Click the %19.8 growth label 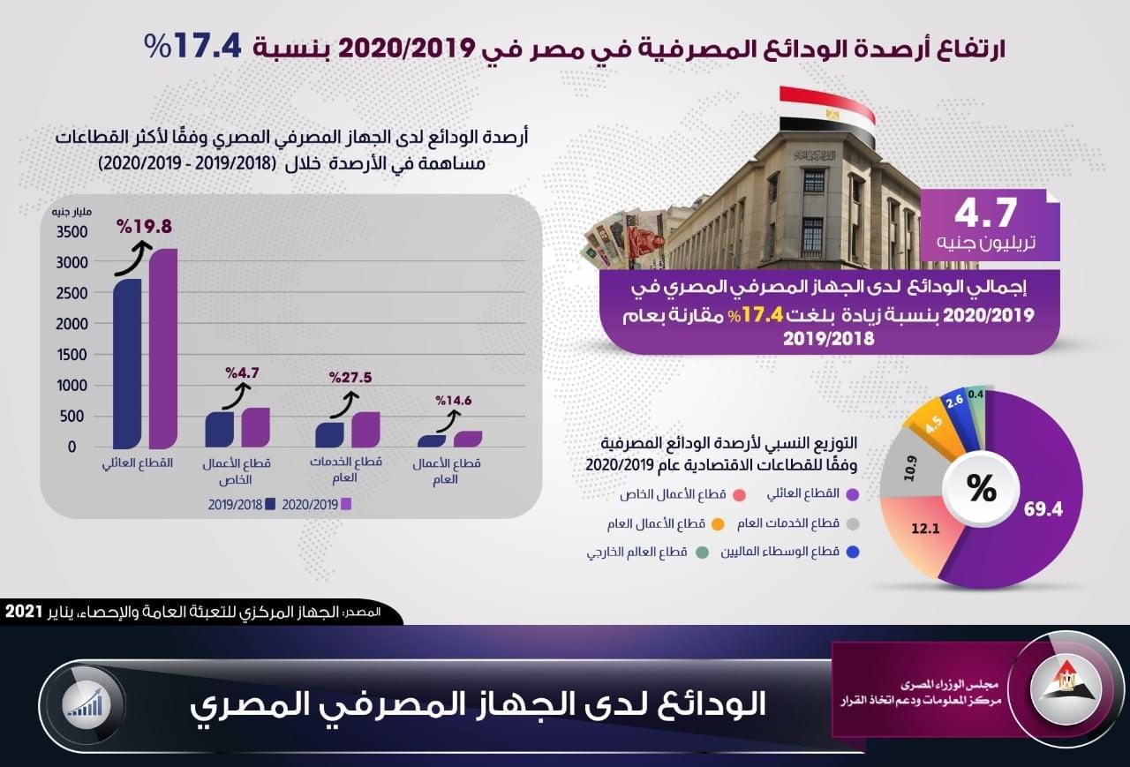[x=144, y=227]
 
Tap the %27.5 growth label [x=350, y=377]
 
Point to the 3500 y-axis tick [x=72, y=232]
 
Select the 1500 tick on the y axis [x=72, y=355]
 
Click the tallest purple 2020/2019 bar [x=163, y=349]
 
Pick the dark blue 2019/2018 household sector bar [x=127, y=364]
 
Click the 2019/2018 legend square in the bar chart [x=270, y=504]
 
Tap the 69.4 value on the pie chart [x=1043, y=510]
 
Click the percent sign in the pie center [x=981, y=488]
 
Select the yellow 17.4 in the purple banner [x=762, y=315]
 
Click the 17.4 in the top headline [x=207, y=47]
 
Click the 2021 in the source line [x=23, y=612]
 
